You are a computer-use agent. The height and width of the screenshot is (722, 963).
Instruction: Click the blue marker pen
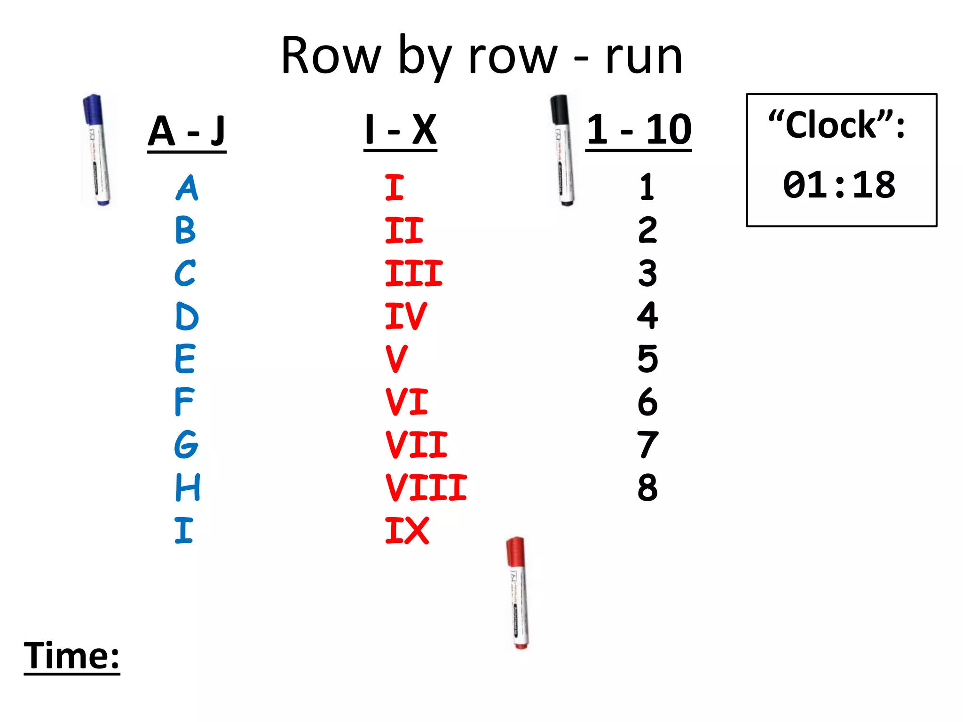(97, 150)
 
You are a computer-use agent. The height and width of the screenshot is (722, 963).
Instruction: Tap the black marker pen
(563, 150)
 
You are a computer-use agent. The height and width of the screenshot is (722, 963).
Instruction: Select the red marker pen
(517, 593)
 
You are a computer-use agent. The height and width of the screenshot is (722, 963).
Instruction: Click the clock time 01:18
(839, 185)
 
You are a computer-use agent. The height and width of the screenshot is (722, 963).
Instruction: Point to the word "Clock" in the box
(831, 126)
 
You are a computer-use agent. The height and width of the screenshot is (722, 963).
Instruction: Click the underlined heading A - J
(187, 132)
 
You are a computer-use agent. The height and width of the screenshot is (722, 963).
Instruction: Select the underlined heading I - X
(401, 130)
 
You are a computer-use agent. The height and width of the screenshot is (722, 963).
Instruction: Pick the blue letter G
(186, 445)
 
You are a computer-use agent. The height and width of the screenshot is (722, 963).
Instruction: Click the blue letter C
(185, 273)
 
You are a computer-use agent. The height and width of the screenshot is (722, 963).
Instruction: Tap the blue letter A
(187, 188)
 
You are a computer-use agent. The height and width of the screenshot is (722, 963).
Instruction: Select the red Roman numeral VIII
(426, 487)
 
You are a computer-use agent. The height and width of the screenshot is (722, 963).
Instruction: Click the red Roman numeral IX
(407, 531)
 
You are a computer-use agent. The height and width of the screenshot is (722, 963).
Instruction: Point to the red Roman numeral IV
(406, 316)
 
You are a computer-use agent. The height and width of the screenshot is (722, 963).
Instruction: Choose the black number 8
(647, 487)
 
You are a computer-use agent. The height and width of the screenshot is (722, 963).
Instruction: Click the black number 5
(647, 359)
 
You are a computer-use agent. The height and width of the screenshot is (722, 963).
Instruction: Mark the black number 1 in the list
(647, 188)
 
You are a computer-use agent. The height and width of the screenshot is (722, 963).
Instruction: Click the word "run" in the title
(644, 57)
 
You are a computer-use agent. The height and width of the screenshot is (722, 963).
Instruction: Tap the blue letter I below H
(184, 531)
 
